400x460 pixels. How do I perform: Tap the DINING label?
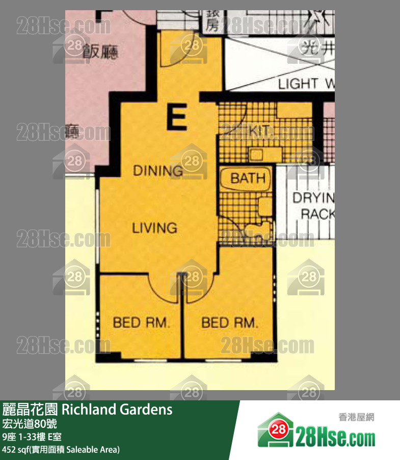tap(157, 171)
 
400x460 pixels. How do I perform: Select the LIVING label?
tap(155, 227)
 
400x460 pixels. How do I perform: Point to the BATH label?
tap(248, 178)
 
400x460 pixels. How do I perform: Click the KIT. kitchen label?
tap(259, 131)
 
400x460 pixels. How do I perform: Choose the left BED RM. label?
tap(141, 322)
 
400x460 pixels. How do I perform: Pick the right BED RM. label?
tap(230, 322)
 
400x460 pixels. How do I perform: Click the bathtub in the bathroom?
tap(246, 178)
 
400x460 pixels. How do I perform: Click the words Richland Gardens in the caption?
tap(117, 409)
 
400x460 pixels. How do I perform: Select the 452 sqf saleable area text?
tap(61, 449)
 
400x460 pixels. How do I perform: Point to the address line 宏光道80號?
tap(30, 424)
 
